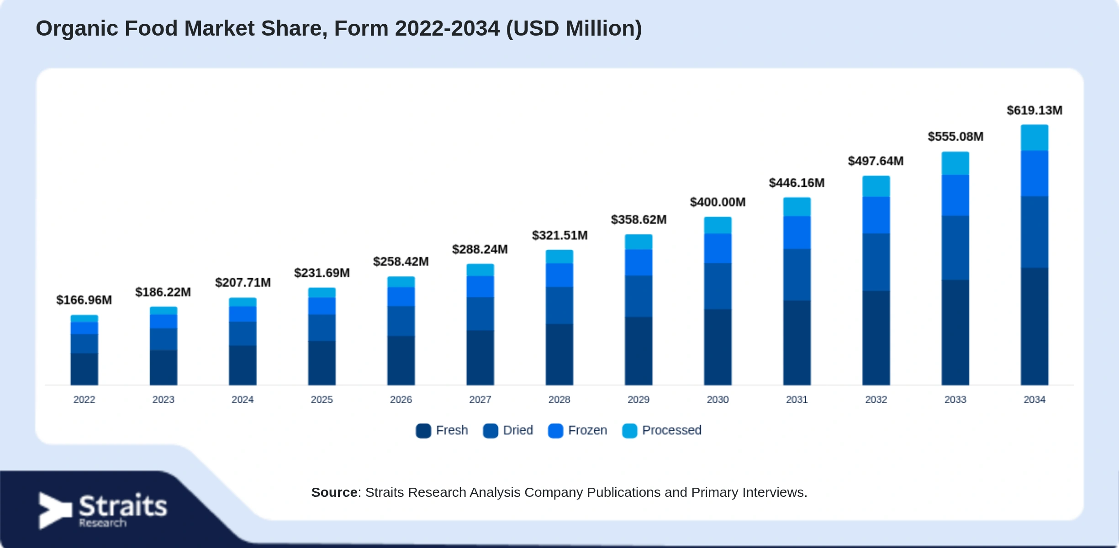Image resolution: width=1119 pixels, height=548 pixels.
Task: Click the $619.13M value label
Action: [1035, 111]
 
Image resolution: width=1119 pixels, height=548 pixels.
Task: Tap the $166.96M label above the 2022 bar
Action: [84, 300]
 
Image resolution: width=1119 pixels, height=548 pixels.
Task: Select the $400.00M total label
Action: [718, 202]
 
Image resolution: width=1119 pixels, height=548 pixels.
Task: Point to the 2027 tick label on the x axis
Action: [480, 400]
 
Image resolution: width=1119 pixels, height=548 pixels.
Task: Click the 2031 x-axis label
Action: [797, 400]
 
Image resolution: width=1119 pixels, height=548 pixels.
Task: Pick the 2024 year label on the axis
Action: [243, 400]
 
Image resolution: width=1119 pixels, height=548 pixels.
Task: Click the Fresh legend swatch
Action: [423, 431]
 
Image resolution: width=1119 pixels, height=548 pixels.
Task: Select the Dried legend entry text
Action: [518, 430]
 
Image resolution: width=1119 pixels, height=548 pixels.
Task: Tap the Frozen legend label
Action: [587, 430]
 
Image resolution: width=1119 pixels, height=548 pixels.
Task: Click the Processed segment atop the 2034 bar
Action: [1035, 137]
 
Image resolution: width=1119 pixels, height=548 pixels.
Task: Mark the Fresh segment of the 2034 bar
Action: [1035, 326]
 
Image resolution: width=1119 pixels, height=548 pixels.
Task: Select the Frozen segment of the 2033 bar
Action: [955, 195]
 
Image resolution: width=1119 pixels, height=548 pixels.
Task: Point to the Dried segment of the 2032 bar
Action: [876, 262]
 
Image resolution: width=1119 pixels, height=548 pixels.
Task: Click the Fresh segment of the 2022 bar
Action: [84, 369]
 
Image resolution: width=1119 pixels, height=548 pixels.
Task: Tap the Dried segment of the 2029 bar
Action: [639, 296]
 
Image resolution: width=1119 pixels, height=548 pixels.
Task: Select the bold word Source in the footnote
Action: [334, 492]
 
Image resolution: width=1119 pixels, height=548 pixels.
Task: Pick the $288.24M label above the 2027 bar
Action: [480, 249]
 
